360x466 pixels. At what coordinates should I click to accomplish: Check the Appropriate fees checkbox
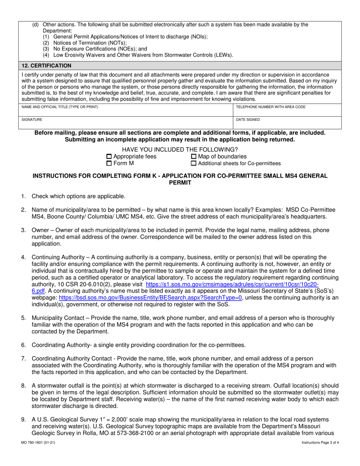[109, 157]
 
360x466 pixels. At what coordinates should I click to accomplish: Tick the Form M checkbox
[109, 164]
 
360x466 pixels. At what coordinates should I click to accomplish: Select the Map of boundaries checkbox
[194, 157]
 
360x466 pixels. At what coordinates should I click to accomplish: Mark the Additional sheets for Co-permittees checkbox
[194, 164]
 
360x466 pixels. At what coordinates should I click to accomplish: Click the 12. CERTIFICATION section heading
[46, 66]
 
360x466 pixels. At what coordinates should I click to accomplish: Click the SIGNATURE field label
[32, 119]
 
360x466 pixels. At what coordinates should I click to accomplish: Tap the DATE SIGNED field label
[248, 119]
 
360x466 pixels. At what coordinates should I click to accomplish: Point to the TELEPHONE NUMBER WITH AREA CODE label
[271, 107]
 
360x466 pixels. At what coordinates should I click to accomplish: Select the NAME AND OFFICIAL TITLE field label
[60, 107]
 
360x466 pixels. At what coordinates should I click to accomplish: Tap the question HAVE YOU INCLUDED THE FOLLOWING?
[180, 149]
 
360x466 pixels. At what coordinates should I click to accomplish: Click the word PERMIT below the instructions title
[180, 183]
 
